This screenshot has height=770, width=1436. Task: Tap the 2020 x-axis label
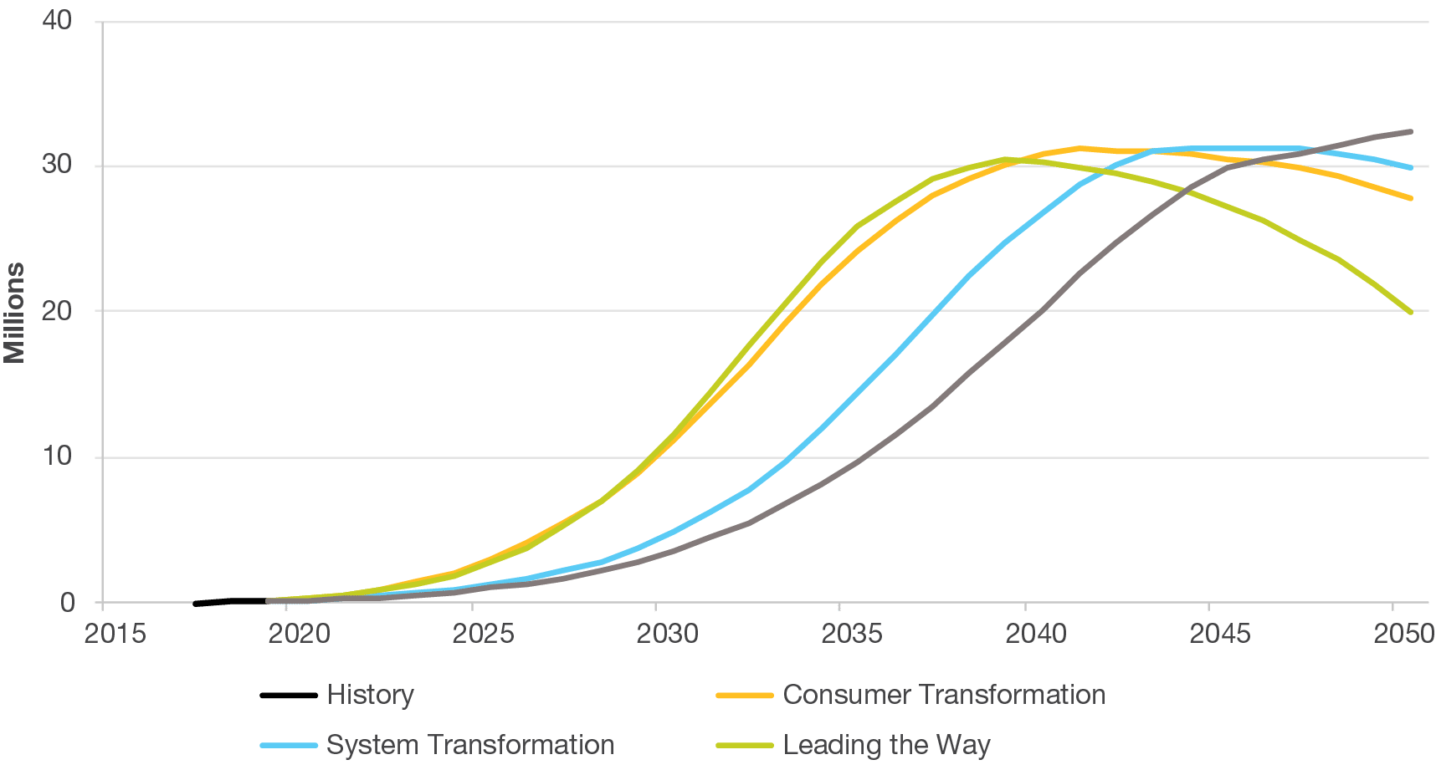(x=300, y=634)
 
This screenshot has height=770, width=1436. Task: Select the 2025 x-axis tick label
(x=484, y=634)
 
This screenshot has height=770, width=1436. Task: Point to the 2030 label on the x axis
(x=668, y=634)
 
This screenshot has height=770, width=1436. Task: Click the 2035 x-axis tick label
(x=852, y=634)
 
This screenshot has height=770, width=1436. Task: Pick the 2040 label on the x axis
(x=1036, y=634)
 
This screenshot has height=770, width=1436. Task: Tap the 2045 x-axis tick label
(x=1220, y=634)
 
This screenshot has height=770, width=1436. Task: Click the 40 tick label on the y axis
(x=57, y=20)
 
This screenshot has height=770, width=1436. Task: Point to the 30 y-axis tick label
(x=57, y=165)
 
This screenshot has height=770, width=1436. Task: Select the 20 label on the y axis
(x=57, y=310)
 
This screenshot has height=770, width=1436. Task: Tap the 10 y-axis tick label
(x=57, y=456)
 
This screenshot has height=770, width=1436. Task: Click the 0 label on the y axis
(x=67, y=603)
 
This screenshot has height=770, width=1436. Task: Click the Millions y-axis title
(x=15, y=313)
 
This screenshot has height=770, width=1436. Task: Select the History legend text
(x=370, y=695)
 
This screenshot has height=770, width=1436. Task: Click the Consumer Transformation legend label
(x=944, y=695)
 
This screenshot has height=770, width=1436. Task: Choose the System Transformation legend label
(x=470, y=745)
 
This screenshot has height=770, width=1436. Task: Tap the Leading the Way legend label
(x=886, y=745)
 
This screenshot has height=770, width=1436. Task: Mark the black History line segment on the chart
(x=230, y=601)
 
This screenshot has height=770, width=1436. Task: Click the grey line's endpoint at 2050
(x=1411, y=132)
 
